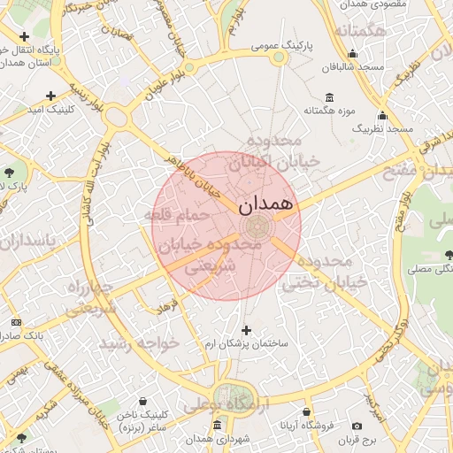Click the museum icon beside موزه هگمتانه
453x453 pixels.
[x=330, y=96]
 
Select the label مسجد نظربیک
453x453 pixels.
[x=382, y=129]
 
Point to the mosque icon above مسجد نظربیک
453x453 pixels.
[x=382, y=115]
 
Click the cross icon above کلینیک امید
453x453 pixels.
[x=50, y=96]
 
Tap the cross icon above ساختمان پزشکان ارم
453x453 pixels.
[x=246, y=329]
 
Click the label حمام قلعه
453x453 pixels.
[x=178, y=215]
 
